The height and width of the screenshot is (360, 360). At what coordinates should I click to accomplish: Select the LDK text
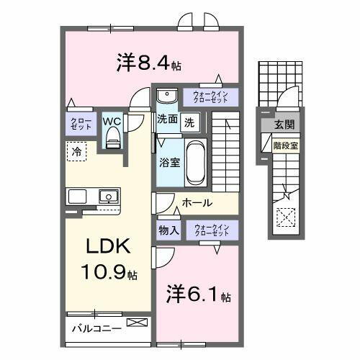108,247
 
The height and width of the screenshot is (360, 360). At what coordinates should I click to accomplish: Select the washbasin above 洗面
166,96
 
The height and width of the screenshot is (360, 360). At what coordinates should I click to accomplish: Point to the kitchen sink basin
108,195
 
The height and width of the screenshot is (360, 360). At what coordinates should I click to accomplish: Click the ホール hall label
197,203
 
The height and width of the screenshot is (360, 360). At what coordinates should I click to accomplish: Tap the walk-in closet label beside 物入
212,230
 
